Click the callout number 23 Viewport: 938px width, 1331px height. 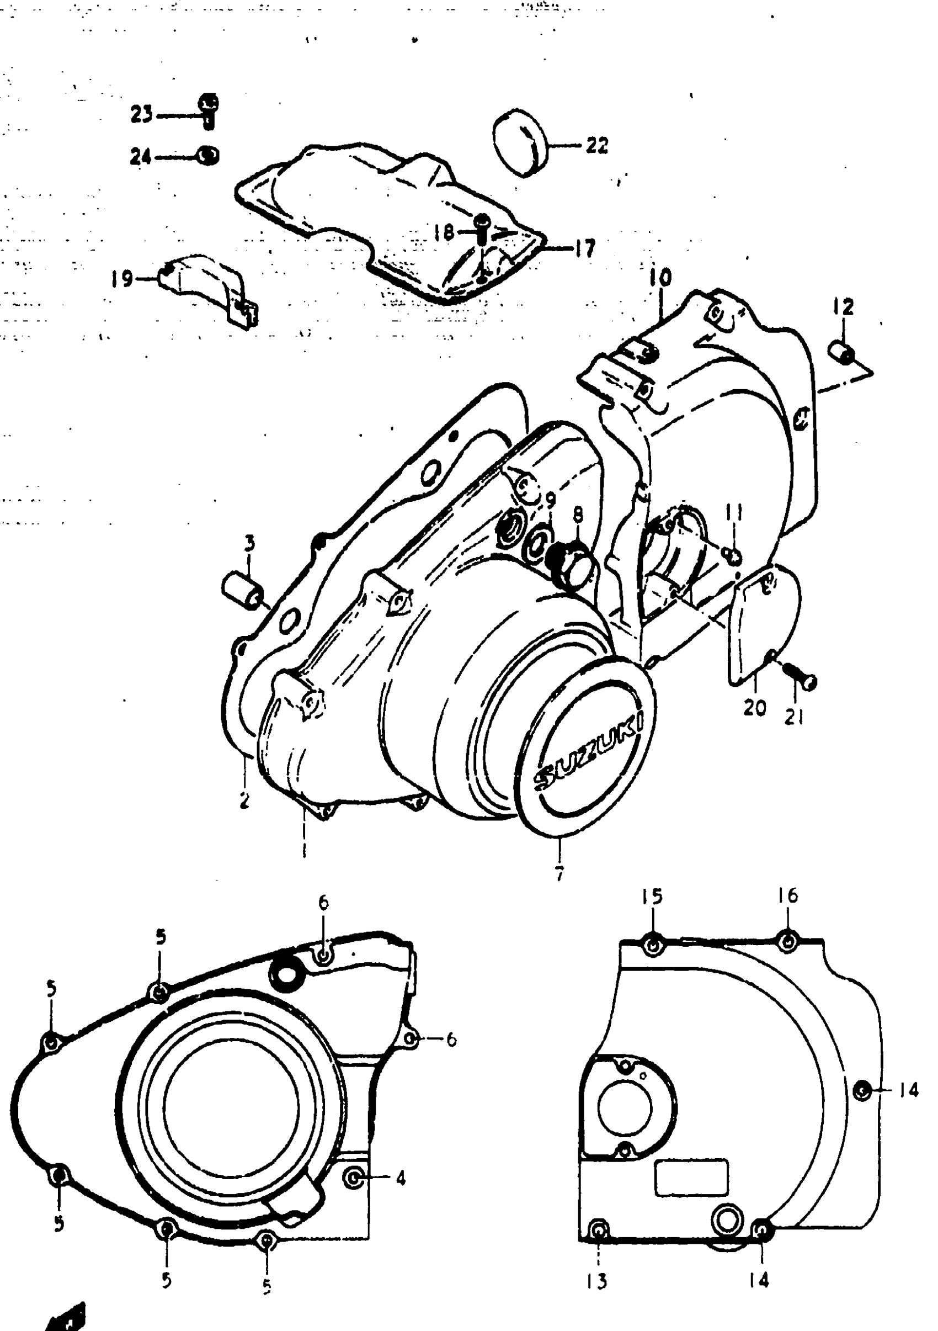point(141,115)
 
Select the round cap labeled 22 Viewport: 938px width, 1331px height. point(520,142)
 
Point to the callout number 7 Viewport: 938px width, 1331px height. point(559,873)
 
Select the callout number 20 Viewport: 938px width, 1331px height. point(754,708)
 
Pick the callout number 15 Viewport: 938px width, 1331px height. point(652,896)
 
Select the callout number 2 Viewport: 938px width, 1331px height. point(244,800)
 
